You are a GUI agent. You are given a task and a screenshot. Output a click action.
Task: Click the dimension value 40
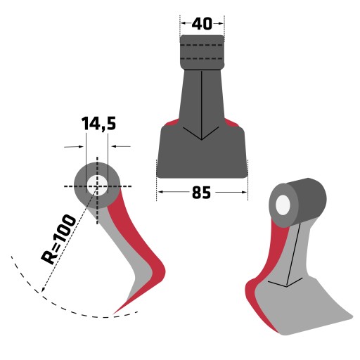[x=202, y=24]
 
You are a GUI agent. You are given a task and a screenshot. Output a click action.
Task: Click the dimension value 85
[x=202, y=193]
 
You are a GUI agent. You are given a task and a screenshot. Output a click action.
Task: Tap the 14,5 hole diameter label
[x=98, y=124]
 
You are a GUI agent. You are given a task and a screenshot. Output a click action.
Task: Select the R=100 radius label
[x=58, y=239]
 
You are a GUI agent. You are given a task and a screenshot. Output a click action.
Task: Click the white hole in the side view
[x=97, y=186]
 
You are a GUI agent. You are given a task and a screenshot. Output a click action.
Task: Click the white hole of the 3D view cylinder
[x=283, y=205]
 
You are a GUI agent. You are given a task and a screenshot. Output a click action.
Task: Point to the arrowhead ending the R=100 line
[x=43, y=290]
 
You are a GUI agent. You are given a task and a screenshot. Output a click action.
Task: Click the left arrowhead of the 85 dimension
[x=160, y=192]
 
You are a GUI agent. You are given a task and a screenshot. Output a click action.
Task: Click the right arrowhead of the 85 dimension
[x=244, y=192]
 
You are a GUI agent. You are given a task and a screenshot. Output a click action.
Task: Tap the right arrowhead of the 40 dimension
[x=221, y=23]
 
